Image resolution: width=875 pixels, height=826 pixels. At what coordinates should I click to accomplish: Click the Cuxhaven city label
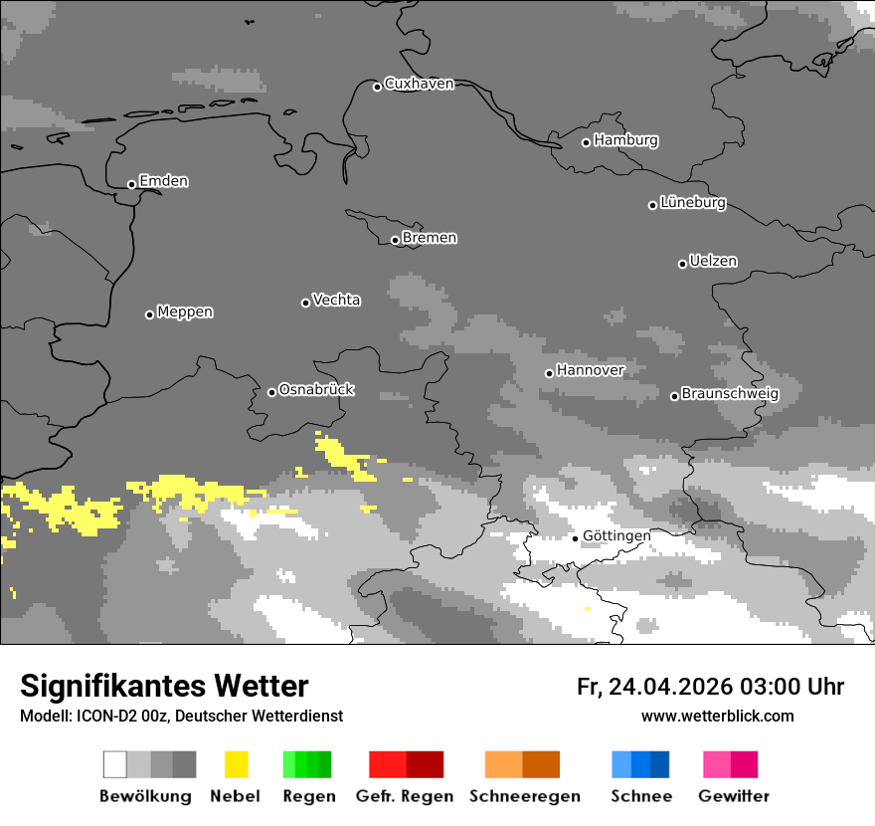pos(419,84)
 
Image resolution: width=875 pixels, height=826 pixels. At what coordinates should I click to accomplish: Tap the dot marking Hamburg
pos(586,142)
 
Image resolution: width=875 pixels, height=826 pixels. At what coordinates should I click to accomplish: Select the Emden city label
pos(163,181)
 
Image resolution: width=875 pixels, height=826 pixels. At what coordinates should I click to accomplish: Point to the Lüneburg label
pos(693,202)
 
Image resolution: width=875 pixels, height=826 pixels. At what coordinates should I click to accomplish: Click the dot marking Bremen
pos(395,240)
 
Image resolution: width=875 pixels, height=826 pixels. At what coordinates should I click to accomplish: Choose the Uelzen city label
pos(713,261)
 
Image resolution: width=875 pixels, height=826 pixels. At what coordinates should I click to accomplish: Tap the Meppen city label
pos(185,311)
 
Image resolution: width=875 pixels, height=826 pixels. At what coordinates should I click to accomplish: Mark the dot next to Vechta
pos(305,303)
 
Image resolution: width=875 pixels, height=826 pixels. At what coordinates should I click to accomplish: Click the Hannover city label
pos(591,370)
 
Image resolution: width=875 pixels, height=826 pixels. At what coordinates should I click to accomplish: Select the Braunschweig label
pos(730,393)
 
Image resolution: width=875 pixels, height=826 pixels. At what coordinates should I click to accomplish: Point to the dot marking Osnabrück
pos(271,392)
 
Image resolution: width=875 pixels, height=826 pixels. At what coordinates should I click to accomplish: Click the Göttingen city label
pos(616,535)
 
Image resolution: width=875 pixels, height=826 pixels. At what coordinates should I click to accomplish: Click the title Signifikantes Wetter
pos(164,687)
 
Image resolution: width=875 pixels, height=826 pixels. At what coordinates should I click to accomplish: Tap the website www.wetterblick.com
pos(717,716)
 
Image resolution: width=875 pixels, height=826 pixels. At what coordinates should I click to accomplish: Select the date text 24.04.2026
pos(671,687)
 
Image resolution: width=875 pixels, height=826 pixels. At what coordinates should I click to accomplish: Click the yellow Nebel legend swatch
pos(236,764)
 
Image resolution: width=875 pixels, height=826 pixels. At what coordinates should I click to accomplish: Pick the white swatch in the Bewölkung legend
pos(115,764)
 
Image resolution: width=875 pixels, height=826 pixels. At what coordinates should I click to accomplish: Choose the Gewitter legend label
pos(734,796)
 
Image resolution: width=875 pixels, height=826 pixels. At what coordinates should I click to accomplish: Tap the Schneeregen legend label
pos(525,796)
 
